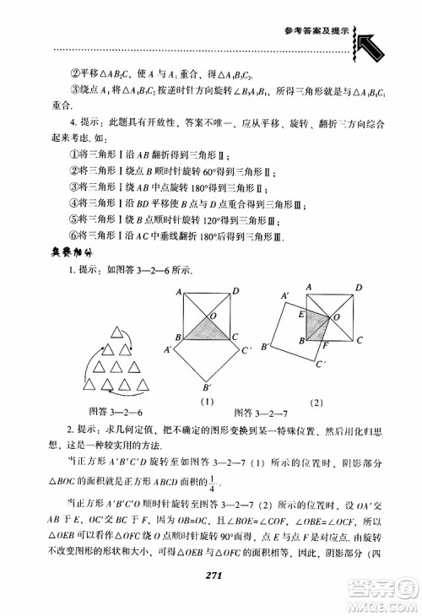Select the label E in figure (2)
(299, 312)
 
